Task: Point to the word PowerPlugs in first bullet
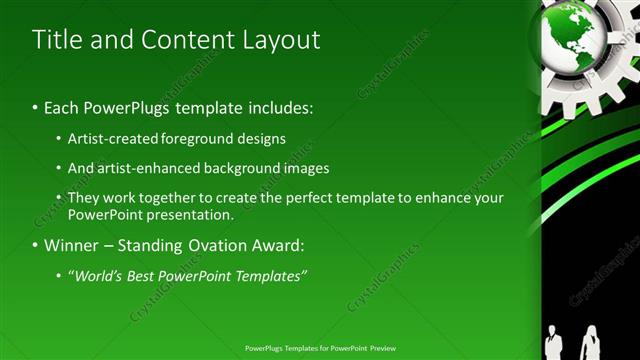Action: click(125, 107)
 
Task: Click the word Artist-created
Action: click(111, 139)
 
